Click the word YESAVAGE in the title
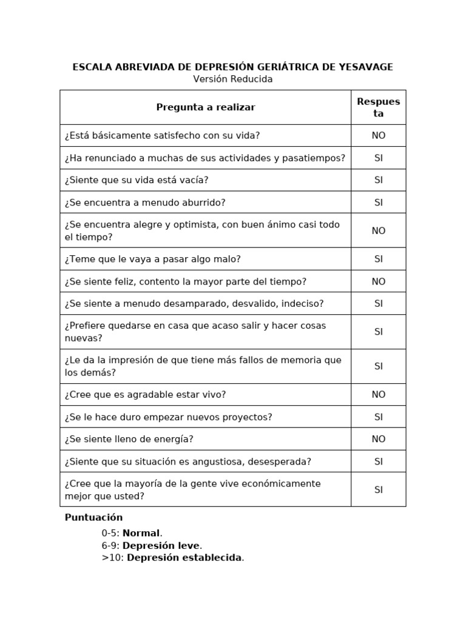(363, 67)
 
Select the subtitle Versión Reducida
(233, 79)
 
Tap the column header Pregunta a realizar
(206, 107)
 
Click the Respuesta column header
(379, 107)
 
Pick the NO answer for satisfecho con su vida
(379, 136)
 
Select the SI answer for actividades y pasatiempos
(379, 158)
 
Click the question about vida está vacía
(137, 180)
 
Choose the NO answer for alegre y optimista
(379, 230)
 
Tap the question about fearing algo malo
(153, 259)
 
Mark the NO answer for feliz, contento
(379, 281)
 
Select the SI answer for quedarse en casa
(379, 332)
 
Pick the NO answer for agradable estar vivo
(379, 395)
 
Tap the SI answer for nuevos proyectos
(379, 417)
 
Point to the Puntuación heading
(93, 518)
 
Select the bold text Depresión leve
(161, 546)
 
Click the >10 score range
(112, 558)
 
